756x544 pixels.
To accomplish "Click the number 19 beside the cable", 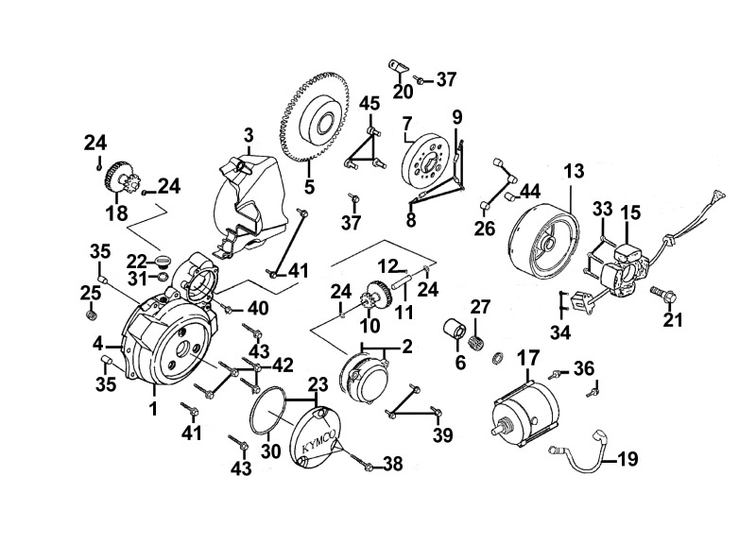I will [627, 460].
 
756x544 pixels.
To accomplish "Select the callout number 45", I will [369, 103].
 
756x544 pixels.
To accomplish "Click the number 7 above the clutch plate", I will [407, 123].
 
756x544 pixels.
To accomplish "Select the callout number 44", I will [530, 192].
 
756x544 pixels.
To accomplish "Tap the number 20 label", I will [403, 92].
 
